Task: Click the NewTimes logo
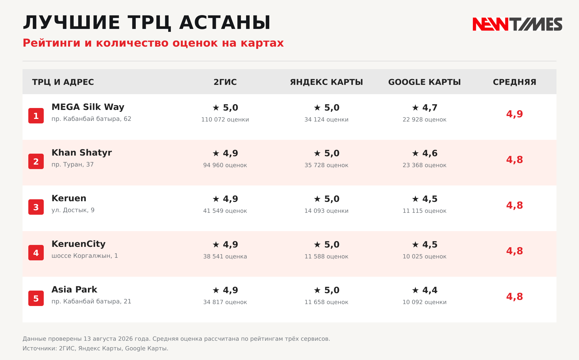pyautogui.click(x=517, y=24)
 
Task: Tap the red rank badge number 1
pyautogui.click(x=36, y=116)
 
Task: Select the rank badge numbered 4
pyautogui.click(x=36, y=253)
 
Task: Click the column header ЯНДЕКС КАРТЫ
pyautogui.click(x=326, y=82)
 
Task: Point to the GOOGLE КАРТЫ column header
pyautogui.click(x=425, y=82)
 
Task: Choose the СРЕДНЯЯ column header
pyautogui.click(x=515, y=82)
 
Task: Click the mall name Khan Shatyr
pyautogui.click(x=82, y=153)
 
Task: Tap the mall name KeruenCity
pyautogui.click(x=78, y=244)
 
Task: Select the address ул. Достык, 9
pyautogui.click(x=73, y=210)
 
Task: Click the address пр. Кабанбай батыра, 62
pyautogui.click(x=91, y=119)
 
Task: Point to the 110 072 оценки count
pyautogui.click(x=225, y=120)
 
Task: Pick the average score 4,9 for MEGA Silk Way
pyautogui.click(x=515, y=114)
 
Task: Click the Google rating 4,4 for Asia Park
pyautogui.click(x=430, y=290)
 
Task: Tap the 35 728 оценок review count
pyautogui.click(x=326, y=165)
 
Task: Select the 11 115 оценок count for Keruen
pyautogui.click(x=425, y=211)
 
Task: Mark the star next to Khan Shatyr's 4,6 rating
pyautogui.click(x=415, y=153)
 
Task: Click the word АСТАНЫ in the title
pyautogui.click(x=225, y=23)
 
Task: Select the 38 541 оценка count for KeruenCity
pyautogui.click(x=225, y=256)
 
